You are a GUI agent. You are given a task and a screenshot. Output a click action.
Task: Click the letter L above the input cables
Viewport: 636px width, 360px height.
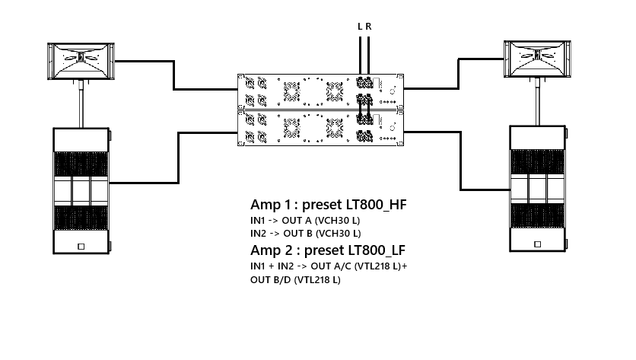point(361,27)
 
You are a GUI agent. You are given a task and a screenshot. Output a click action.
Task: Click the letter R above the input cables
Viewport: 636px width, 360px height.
point(369,27)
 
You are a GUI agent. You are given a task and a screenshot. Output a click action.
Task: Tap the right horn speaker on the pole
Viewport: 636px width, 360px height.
point(538,59)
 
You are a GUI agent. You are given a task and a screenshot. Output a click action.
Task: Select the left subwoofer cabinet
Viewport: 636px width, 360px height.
point(81,191)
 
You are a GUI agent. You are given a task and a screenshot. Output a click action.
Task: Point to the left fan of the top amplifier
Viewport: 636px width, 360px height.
point(291,92)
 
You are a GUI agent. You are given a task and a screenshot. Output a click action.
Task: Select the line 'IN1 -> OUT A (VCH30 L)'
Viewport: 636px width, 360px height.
point(305,219)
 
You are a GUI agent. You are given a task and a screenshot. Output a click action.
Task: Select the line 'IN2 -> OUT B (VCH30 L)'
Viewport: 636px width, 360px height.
point(305,233)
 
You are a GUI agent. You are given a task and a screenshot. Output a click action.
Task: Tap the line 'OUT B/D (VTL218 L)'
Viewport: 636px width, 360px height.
point(295,280)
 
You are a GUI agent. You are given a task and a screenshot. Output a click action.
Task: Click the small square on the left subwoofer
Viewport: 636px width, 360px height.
point(81,247)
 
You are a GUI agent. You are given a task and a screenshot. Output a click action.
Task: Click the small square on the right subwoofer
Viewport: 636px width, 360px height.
point(537,244)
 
